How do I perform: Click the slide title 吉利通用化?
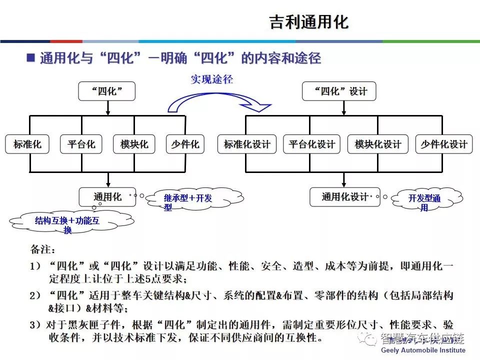(308, 22)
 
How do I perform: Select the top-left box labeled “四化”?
(107, 91)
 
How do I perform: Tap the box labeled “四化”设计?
(339, 91)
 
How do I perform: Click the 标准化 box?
(27, 144)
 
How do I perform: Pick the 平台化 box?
(81, 144)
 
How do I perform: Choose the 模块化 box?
(134, 144)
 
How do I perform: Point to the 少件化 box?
(185, 144)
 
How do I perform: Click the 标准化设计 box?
(247, 144)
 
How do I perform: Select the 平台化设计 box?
(311, 144)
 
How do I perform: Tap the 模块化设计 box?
(378, 144)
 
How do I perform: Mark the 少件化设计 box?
(443, 144)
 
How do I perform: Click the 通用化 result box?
(107, 197)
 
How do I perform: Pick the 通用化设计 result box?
(344, 197)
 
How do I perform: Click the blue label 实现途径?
(212, 79)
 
